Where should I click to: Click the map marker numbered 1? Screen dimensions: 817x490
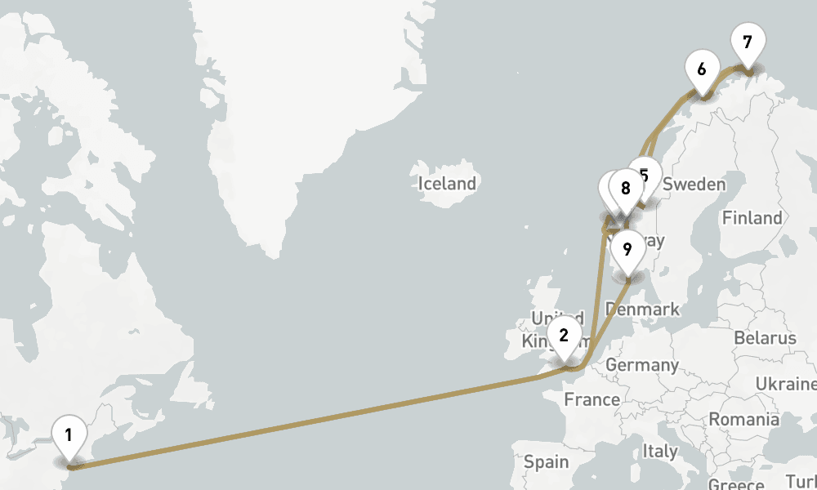click(x=69, y=434)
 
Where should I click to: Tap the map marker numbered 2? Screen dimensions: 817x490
click(x=564, y=335)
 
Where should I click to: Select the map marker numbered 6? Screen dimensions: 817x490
click(x=701, y=69)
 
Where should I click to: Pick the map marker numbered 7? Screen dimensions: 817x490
click(x=748, y=42)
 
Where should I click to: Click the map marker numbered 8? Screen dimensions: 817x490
click(x=626, y=189)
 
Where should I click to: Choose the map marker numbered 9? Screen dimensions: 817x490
click(x=627, y=249)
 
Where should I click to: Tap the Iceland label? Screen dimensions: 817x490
click(x=447, y=184)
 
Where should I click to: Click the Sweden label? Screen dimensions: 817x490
click(x=694, y=185)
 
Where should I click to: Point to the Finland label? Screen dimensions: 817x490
click(x=752, y=218)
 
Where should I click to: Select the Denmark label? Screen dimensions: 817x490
click(x=643, y=310)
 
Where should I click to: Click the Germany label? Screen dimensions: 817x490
click(x=642, y=365)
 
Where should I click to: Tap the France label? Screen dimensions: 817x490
click(x=592, y=400)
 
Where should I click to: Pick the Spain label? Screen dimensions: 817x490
click(x=546, y=462)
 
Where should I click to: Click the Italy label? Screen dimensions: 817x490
click(x=659, y=451)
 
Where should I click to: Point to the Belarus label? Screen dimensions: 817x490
click(x=765, y=338)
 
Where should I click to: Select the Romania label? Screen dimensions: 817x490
click(x=743, y=420)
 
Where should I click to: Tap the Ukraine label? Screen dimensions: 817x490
click(x=785, y=384)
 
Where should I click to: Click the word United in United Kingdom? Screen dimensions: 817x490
click(x=556, y=318)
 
